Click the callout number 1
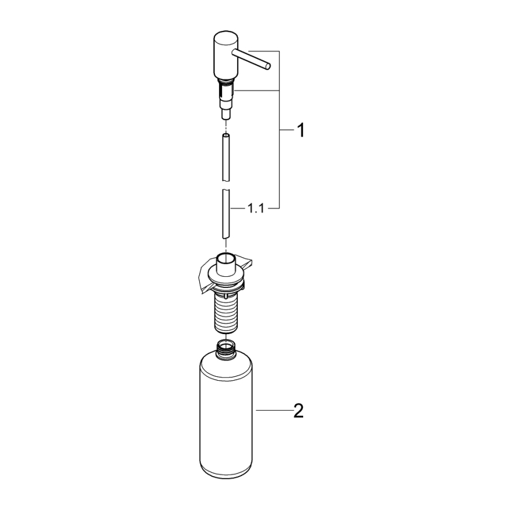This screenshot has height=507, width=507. [300, 131]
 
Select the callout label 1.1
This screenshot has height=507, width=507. [255, 208]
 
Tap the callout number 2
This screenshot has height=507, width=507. [298, 411]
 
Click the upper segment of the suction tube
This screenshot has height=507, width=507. [225, 157]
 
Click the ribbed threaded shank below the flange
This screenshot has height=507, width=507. [225, 312]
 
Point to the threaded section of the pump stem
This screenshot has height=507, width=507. [225, 91]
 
